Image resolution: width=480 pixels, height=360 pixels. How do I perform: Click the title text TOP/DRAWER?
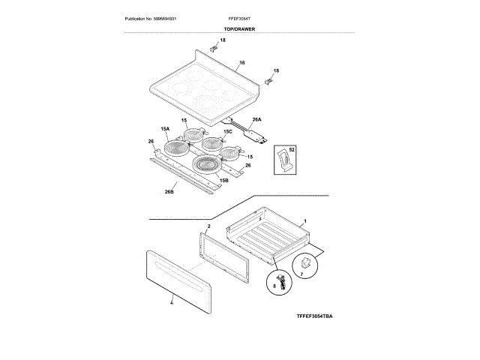pos(238,28)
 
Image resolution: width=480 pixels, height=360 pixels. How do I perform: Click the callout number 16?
pos(241,63)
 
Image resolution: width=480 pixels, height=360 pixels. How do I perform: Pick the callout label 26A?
pos(256,120)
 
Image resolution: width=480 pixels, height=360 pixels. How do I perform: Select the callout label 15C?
pos(228,132)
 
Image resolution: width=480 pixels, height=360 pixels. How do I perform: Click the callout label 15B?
pos(224,180)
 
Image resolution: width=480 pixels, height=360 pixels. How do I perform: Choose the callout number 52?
pos(292,151)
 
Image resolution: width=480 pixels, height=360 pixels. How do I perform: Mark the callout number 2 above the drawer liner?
pos(208,226)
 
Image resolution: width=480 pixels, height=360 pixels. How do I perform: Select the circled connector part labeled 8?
pos(275,284)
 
